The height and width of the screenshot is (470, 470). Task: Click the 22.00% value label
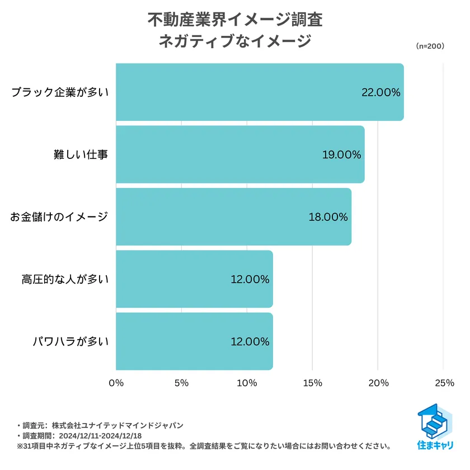pos(381,93)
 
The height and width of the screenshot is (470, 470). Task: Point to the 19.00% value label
pos(342,155)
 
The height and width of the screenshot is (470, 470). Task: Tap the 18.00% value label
pos(328,217)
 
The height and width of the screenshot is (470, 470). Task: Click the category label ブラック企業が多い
pos(60,93)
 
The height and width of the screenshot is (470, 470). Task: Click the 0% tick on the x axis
pos(116,383)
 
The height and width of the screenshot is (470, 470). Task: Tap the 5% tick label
pos(181,383)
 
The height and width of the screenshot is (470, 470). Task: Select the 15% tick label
pos(312,383)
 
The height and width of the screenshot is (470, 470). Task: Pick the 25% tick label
pos(443,383)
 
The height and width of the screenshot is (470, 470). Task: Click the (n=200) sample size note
pos(430,46)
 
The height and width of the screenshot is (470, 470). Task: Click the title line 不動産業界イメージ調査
pos(235,20)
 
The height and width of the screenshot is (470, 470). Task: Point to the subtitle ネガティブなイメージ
pos(235,41)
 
